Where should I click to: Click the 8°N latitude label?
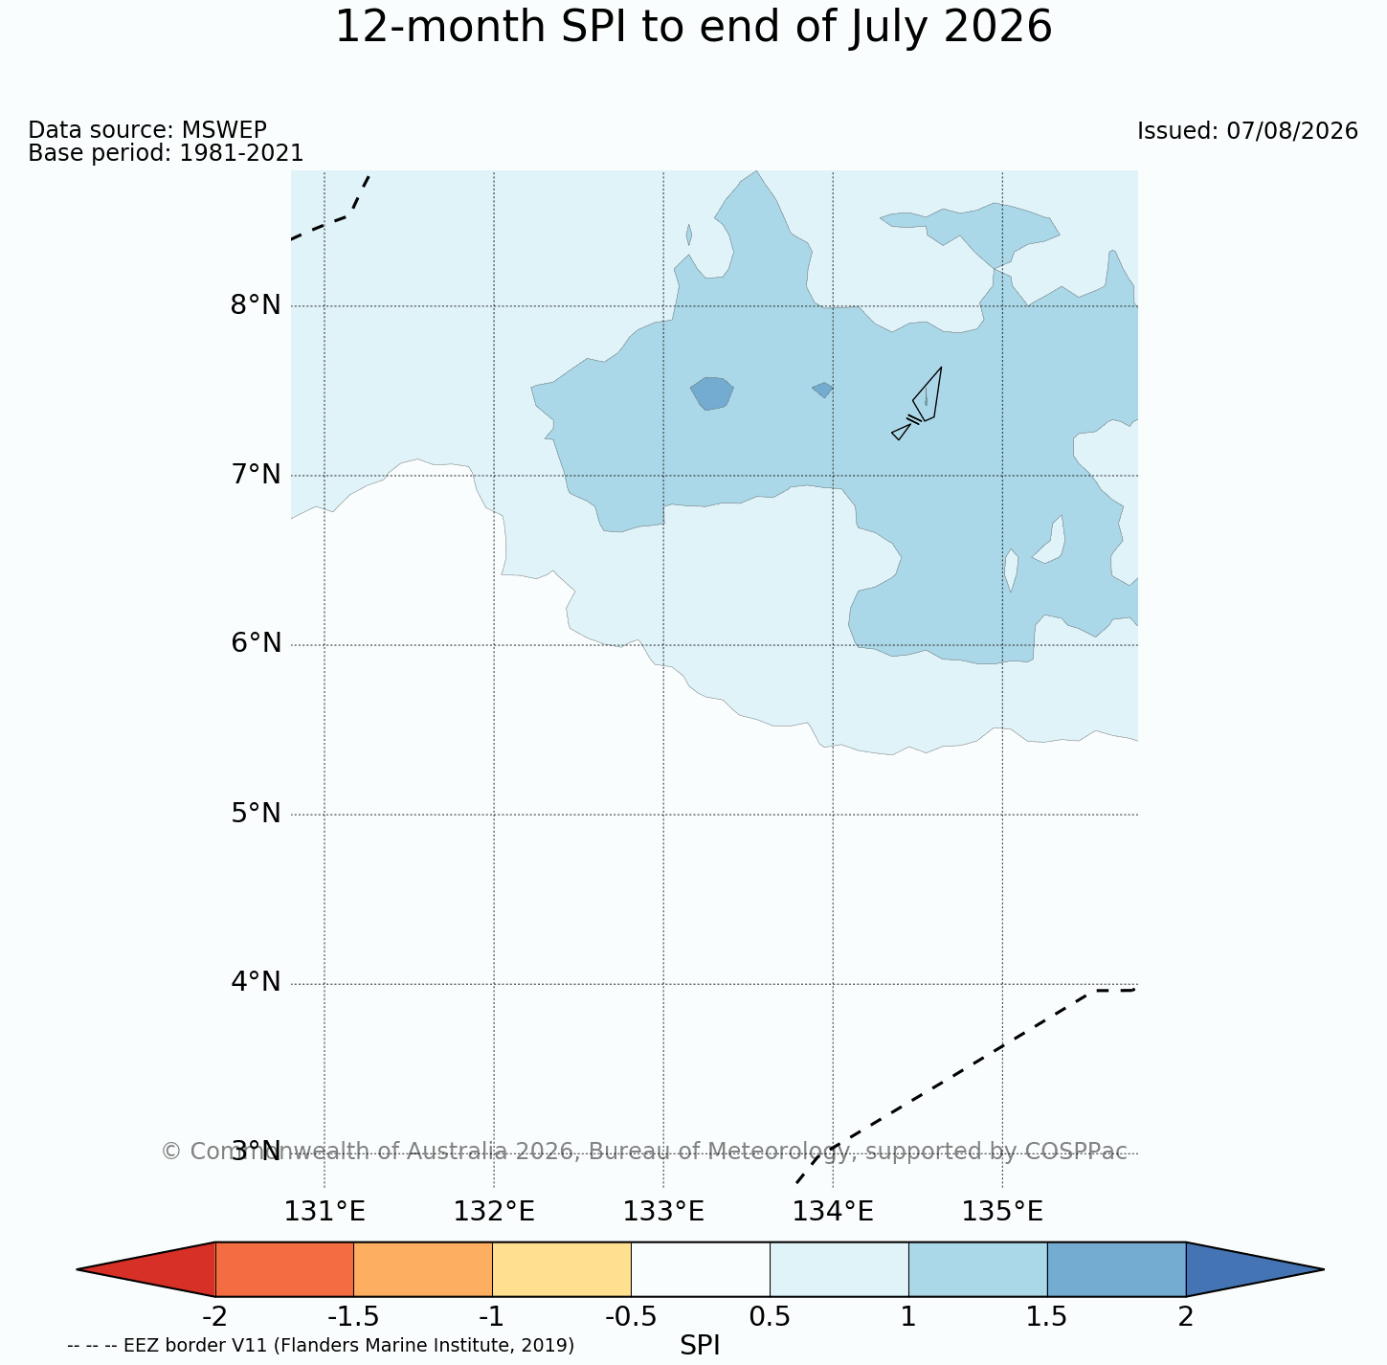256,305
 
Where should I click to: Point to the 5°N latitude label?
256,814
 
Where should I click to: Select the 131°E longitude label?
324,1212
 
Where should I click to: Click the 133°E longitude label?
663,1212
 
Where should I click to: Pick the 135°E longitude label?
1002,1212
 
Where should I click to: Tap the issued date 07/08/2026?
1292,131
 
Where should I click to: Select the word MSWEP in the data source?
224,129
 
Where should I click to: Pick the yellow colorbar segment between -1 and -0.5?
562,1269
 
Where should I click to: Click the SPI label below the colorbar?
700,1345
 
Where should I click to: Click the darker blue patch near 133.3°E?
712,393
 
